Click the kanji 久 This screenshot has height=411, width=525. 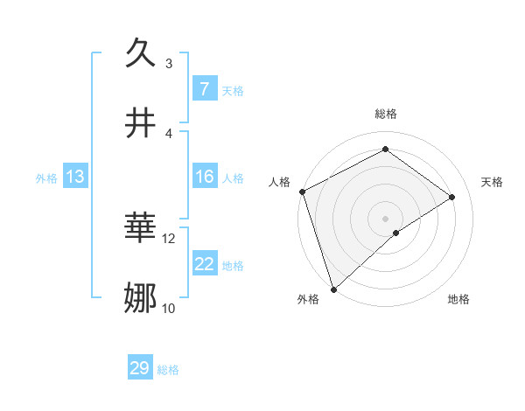(142, 55)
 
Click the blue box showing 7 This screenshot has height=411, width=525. (204, 89)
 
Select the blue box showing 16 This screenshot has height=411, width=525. (204, 177)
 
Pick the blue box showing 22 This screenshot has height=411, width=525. (204, 264)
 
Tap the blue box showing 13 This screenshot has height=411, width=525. (74, 177)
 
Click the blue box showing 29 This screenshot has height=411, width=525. (140, 368)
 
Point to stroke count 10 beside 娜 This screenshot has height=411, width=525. (169, 308)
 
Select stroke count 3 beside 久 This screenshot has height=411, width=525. (169, 63)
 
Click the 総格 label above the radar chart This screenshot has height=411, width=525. (385, 114)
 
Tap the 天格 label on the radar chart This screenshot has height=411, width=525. (492, 182)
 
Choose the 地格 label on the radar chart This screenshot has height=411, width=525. (458, 299)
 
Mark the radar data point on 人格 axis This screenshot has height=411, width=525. (302, 192)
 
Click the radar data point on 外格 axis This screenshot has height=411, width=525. (333, 289)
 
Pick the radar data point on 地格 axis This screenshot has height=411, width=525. (396, 233)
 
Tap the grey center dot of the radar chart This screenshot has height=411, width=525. (385, 218)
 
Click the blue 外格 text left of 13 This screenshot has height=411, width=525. (46, 178)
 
